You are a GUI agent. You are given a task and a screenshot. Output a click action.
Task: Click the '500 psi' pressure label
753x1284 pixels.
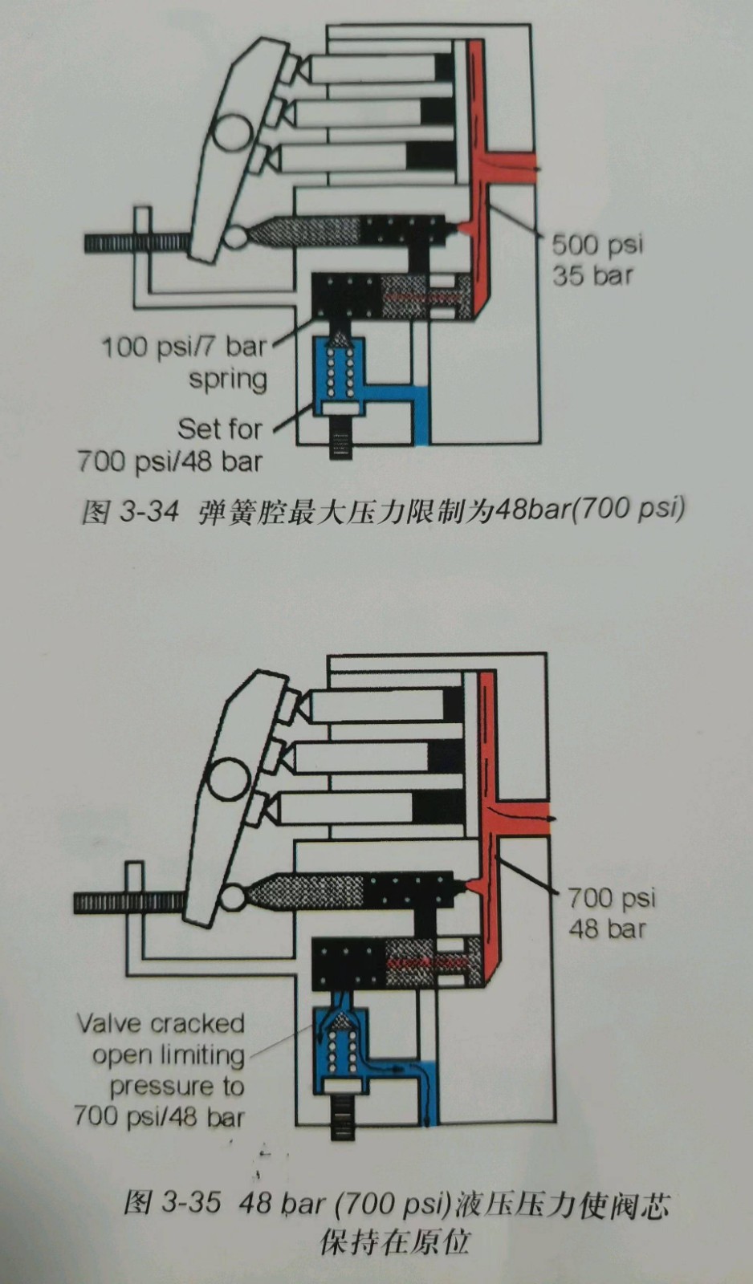pos(596,244)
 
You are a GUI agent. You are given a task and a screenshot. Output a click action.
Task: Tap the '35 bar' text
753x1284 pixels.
pos(592,275)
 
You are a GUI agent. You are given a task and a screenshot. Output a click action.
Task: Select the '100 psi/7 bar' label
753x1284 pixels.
pos(183,347)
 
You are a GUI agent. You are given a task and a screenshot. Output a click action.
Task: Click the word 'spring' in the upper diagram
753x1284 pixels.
pos(228,379)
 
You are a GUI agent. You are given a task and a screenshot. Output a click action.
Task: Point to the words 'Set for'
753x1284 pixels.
pos(219,429)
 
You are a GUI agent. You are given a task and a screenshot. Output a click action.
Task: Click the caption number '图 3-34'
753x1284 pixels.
pos(129,510)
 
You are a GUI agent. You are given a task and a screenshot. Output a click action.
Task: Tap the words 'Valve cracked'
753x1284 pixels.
pos(161,1023)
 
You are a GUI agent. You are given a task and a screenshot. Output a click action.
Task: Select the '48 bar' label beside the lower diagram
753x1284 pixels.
pos(607,928)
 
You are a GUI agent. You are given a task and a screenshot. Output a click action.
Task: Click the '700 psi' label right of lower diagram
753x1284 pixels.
pos(612,896)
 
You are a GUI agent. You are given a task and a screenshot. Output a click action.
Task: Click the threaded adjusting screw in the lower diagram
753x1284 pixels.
pos(128,903)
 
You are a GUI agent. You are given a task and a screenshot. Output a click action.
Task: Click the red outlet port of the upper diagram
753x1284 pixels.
pos(514,169)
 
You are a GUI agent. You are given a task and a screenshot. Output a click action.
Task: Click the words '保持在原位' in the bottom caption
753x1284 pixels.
pos(394,1241)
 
